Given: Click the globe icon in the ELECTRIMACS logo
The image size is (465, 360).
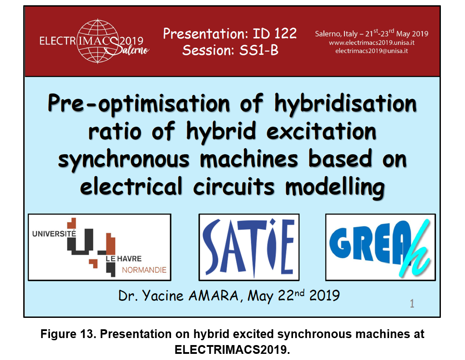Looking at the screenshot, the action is tap(98, 41).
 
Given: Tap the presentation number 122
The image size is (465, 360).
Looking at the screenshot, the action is tap(285, 33).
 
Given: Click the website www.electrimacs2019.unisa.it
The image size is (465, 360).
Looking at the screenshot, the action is tap(372, 43).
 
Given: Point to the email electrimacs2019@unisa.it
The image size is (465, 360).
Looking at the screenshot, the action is tap(372, 51).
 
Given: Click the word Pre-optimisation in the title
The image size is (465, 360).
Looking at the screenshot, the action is tap(139, 103).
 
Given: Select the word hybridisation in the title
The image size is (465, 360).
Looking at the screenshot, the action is tap(346, 103).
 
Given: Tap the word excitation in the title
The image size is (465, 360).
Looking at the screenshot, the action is tap(322, 131).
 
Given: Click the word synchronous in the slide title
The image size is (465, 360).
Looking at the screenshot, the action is tap(124, 159).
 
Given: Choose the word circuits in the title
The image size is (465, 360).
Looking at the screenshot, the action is tap(234, 187).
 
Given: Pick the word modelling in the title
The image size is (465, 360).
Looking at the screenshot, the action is tap(335, 187).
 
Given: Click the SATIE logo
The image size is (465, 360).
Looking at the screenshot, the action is tap(249, 247).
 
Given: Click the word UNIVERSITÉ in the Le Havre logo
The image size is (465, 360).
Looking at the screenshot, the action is tap(54, 234).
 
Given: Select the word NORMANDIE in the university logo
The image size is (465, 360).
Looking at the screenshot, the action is tap(144, 270).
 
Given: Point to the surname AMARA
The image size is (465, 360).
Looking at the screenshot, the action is tap(214, 295).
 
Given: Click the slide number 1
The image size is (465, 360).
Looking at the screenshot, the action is tap(412, 303).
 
